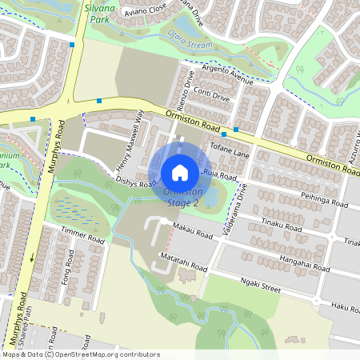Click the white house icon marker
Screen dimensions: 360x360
180,172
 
